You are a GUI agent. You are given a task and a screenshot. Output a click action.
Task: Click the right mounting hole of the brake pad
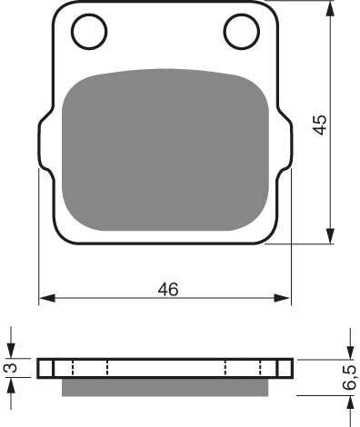coord(243,33)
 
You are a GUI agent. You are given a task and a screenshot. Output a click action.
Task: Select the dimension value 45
coord(319,124)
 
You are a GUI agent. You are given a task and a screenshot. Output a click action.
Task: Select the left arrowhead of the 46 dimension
coord(45,298)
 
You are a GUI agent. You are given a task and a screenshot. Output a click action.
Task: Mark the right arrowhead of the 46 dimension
coord(288,298)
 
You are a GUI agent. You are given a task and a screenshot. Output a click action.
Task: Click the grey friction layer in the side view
coord(166,387)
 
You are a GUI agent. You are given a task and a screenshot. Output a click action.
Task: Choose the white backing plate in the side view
coord(166,368)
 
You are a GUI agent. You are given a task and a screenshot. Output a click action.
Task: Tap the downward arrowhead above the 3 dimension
coord(11,353)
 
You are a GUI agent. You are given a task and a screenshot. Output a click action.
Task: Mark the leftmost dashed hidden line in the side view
coord(55,368)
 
